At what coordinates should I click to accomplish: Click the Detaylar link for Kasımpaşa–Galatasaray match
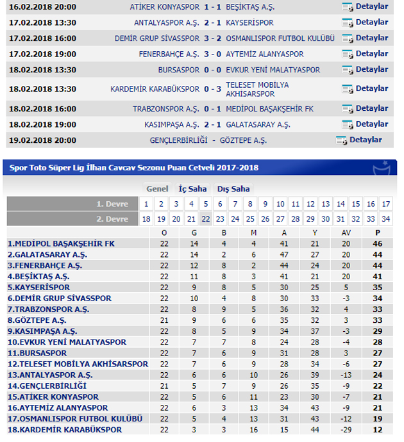click(371, 124)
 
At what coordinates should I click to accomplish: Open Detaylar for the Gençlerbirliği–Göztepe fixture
click(365, 140)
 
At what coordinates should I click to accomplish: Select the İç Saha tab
click(192, 189)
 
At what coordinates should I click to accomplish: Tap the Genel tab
click(157, 189)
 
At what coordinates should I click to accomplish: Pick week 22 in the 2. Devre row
click(206, 219)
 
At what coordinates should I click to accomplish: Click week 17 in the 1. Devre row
click(385, 204)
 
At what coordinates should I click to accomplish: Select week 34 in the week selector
click(385, 219)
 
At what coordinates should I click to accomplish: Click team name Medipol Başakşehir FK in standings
click(61, 244)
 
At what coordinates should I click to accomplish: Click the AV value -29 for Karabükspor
click(346, 429)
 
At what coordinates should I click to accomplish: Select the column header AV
click(346, 233)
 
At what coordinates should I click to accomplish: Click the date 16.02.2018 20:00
click(42, 7)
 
